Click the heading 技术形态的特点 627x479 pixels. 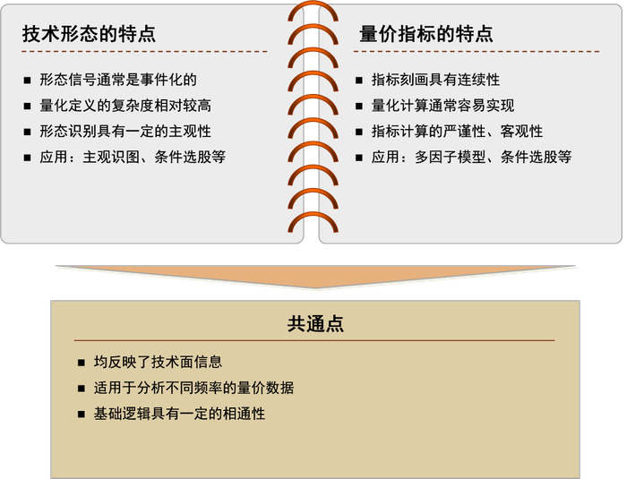point(89,35)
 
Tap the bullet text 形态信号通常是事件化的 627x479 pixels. point(118,80)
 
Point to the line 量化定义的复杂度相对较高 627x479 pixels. point(125,106)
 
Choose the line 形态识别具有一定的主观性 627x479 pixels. point(125,132)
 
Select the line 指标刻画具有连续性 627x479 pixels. point(435,80)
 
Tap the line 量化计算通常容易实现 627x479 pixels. point(442,106)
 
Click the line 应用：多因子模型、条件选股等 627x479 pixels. point(471,158)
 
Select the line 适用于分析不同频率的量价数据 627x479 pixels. point(193,389)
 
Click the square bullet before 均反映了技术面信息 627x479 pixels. point(82,364)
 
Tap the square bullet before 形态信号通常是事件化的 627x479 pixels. point(28,81)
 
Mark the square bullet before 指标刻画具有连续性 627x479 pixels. point(358,81)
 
